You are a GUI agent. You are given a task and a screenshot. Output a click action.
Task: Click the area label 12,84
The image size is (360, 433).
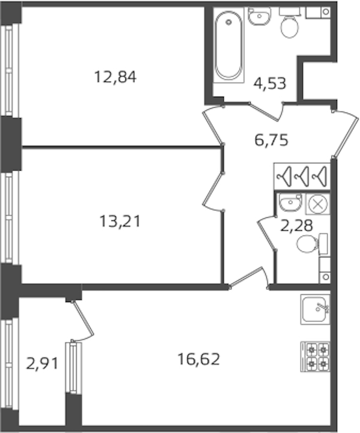point(115,77)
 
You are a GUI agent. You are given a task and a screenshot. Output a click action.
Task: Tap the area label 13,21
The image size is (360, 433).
point(120,221)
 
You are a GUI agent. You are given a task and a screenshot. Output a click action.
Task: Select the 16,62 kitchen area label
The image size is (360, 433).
point(199,359)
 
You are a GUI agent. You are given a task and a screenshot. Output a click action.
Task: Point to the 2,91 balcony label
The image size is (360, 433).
point(42,363)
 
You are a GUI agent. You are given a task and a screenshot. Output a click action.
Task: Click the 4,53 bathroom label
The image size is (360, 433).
point(270,83)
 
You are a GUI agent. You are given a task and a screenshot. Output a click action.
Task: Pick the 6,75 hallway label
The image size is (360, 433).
point(271,140)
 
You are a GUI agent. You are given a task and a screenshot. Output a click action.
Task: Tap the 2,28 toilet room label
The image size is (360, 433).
point(296,225)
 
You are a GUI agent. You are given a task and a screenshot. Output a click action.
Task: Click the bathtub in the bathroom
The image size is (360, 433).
point(229,45)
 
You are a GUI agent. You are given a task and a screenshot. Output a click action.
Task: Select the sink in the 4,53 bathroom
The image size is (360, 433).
point(259,16)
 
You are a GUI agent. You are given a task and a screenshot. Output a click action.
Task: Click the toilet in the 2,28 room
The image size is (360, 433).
point(312,243)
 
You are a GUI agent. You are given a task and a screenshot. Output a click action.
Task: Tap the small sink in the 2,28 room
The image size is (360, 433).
point(290,202)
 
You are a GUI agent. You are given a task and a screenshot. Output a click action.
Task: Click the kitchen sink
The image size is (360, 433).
point(315,309)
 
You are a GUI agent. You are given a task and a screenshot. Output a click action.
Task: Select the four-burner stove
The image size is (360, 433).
point(316,357)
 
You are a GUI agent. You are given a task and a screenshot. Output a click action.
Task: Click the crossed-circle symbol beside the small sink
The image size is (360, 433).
point(317,204)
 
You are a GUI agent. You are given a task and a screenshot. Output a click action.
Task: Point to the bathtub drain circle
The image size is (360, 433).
point(229,22)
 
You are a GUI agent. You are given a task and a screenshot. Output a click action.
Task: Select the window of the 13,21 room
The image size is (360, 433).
point(10,217)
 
